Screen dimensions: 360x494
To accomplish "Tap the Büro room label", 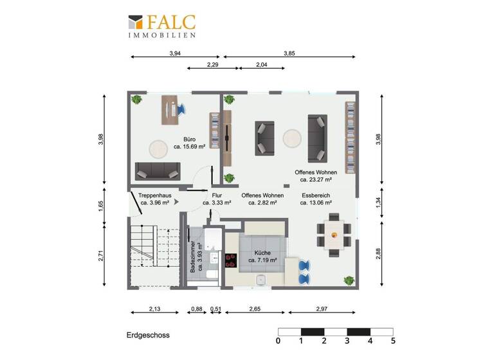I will pos(189,139).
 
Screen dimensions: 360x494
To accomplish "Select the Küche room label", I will pos(262,253).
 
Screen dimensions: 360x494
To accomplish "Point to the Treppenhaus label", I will pos(154,195).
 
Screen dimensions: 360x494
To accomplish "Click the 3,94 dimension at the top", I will pos(174,53).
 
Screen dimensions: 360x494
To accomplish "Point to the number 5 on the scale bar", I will pos(392,341).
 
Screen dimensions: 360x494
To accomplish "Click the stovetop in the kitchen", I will pos(230,260).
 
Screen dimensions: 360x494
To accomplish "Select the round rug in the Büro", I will pos(159,148).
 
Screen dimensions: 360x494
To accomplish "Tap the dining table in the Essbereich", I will pos(333,234).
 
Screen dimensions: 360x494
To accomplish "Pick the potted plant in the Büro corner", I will pos(136,100).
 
